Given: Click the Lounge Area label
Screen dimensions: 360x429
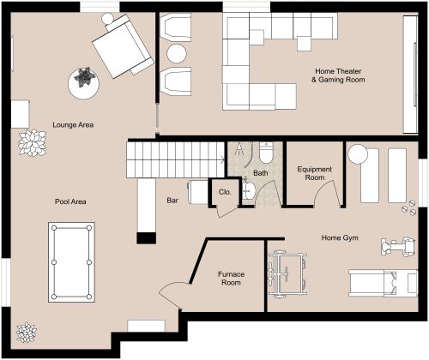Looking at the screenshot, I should click(72, 125).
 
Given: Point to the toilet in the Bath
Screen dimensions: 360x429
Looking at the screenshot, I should click(266, 153).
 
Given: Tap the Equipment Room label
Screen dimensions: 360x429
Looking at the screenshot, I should click(314, 174).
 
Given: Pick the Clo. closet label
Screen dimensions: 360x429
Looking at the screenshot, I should click(226, 192).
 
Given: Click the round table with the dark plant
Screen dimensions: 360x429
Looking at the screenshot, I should click(84, 81).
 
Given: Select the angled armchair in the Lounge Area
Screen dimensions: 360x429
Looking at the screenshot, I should click(123, 46).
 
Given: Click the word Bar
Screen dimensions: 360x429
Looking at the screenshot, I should click(172, 202).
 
